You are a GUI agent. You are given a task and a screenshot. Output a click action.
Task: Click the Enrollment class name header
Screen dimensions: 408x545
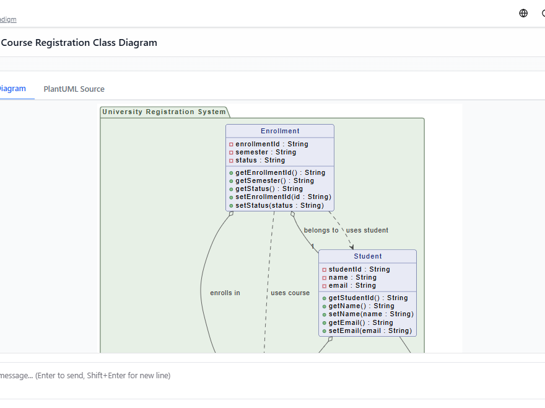[280, 131]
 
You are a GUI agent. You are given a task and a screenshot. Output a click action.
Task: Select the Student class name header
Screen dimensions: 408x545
[368, 256]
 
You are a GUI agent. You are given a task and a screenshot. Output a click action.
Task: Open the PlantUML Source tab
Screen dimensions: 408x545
[74, 89]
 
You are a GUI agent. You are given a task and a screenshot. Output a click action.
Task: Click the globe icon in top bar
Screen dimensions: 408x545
[523, 13]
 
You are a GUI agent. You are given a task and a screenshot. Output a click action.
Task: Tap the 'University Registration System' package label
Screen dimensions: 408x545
[164, 112]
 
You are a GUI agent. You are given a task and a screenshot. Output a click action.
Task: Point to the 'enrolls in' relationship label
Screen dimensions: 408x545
[225, 293]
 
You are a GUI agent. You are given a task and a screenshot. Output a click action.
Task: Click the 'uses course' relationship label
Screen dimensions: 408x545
[290, 293]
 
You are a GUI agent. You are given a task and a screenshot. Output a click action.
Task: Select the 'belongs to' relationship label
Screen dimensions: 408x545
[321, 230]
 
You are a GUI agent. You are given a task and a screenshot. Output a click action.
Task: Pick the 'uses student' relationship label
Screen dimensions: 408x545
[367, 230]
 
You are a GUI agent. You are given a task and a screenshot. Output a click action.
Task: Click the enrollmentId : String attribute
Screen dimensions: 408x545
[271, 144]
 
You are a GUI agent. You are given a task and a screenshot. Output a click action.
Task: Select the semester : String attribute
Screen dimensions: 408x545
[266, 152]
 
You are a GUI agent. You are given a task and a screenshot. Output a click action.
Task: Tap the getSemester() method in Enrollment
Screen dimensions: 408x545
[274, 180]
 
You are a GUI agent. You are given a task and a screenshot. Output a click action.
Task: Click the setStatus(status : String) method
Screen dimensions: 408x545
[279, 205]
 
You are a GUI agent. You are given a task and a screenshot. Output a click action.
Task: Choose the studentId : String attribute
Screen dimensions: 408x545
[359, 269]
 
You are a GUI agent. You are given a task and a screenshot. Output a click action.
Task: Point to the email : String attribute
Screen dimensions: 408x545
[352, 285]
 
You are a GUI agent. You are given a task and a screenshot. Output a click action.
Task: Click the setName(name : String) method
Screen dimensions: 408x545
[370, 314]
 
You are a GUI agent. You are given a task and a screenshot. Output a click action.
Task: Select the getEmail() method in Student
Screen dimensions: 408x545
[360, 322]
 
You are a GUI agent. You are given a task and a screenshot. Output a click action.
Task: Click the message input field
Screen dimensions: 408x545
[248, 376]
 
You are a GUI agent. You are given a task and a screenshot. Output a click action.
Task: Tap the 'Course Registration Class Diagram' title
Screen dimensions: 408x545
[79, 43]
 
